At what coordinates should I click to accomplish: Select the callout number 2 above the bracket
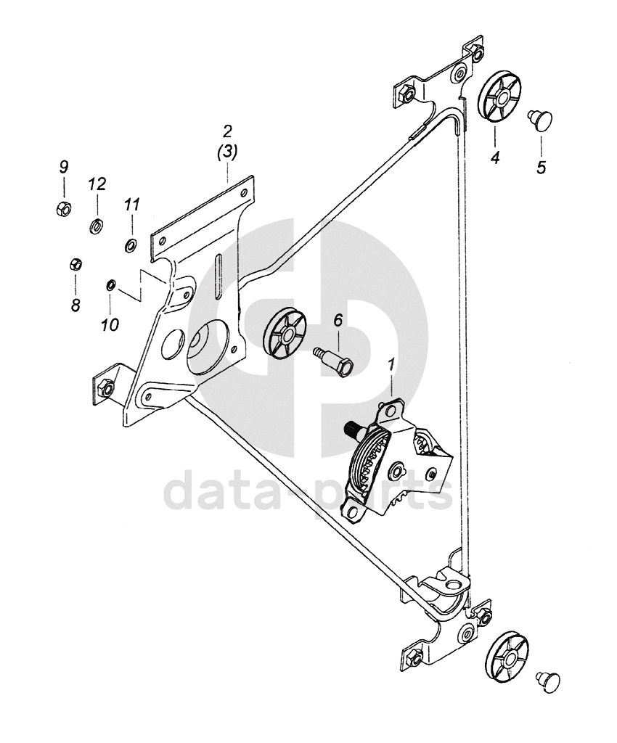(227, 131)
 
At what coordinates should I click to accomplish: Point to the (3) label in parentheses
(227, 153)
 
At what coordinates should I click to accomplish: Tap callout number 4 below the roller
(495, 157)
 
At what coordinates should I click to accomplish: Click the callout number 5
(542, 166)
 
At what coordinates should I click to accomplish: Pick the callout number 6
(338, 320)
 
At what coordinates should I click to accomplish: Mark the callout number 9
(63, 167)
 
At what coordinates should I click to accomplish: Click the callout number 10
(110, 324)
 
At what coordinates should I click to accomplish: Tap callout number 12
(97, 184)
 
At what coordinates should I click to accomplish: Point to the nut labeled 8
(75, 264)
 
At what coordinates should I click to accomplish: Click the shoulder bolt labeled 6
(335, 359)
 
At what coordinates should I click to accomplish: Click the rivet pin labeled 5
(540, 117)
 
